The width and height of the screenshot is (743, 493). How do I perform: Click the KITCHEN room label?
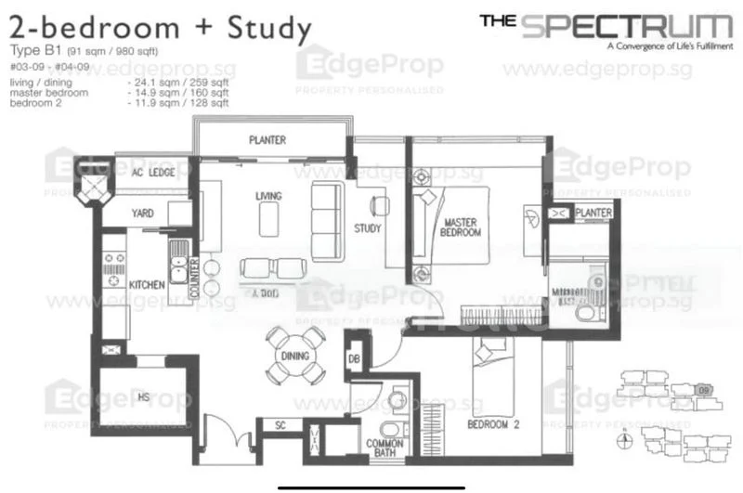(146, 284)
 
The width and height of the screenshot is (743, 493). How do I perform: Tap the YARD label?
(143, 214)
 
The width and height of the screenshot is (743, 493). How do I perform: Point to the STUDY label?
(368, 228)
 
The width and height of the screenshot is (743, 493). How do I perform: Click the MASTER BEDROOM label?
(461, 227)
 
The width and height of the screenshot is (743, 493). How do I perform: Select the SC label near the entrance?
(281, 426)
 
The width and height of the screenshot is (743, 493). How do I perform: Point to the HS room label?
(144, 397)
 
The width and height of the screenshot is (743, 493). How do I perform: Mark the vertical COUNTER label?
(195, 277)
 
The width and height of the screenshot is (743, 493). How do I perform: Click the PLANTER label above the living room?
(267, 140)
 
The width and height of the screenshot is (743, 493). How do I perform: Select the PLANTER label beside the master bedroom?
(593, 214)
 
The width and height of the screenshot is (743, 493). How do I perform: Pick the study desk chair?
(378, 203)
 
